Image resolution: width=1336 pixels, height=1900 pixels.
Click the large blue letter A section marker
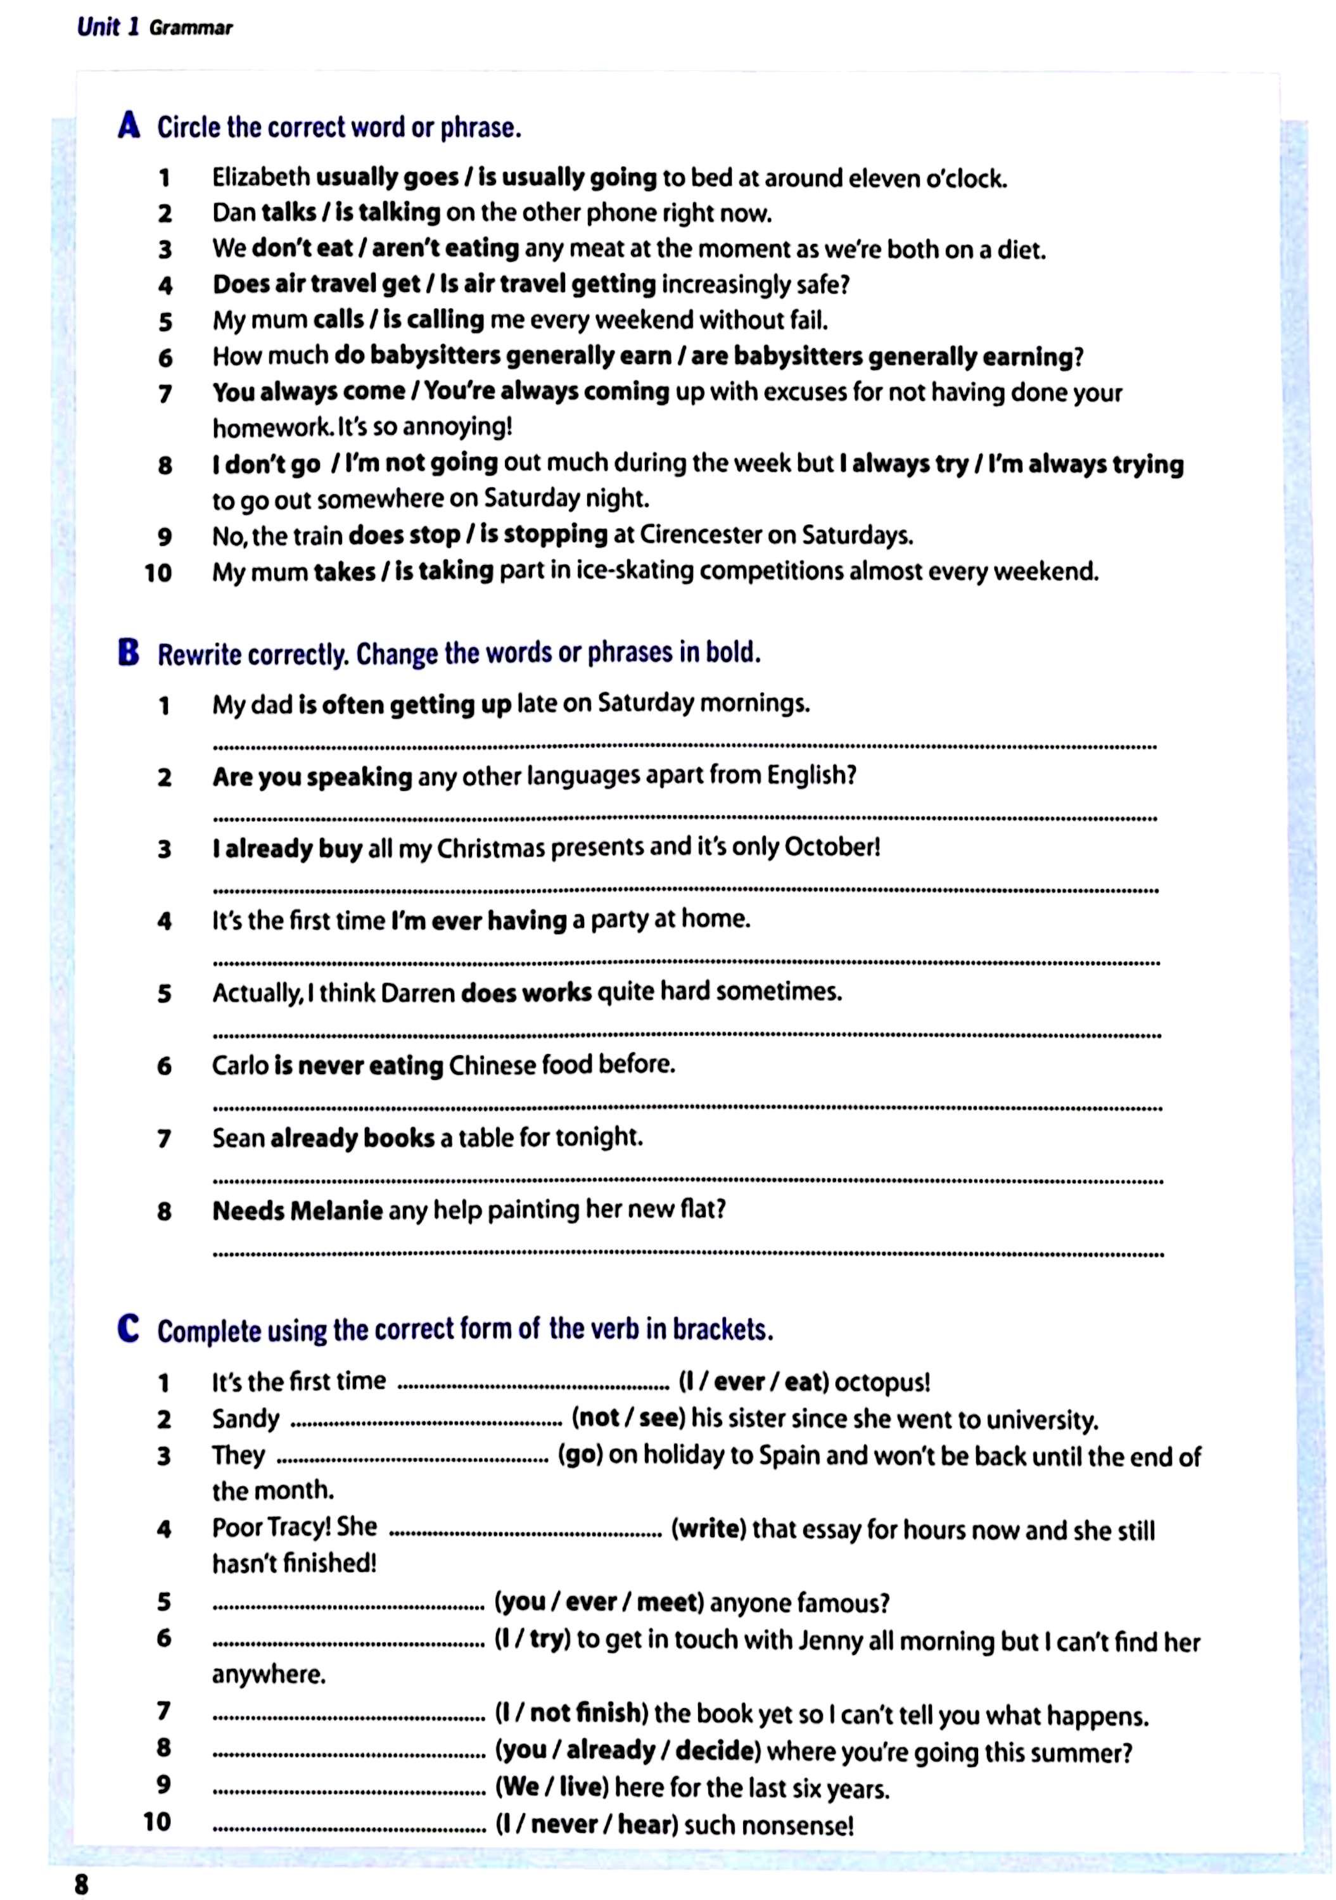tap(129, 126)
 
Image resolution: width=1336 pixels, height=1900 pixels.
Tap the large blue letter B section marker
tap(129, 652)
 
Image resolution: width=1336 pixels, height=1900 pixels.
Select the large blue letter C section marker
tap(129, 1328)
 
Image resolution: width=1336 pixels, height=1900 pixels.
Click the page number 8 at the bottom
tap(81, 1884)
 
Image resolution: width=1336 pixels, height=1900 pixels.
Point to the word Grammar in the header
tap(191, 28)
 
